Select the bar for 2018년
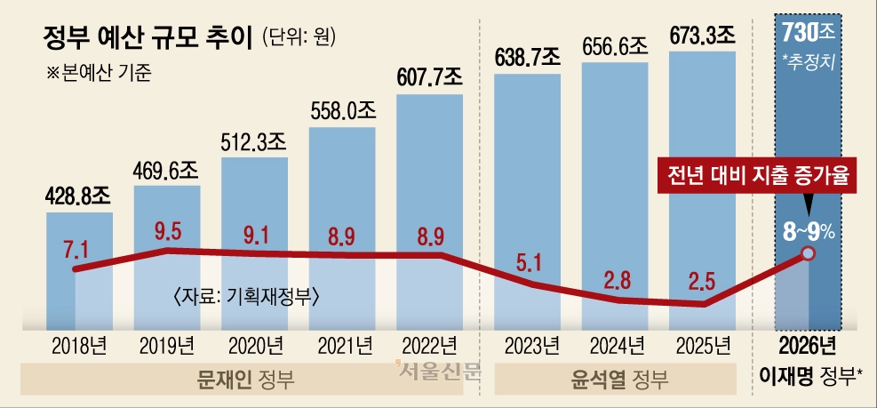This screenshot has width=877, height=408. point(79,267)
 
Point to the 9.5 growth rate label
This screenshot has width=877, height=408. point(168,234)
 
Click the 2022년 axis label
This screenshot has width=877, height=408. point(429,345)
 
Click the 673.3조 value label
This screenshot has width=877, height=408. point(701,36)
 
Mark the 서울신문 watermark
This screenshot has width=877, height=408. point(437,369)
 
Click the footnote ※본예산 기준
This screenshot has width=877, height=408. point(98,74)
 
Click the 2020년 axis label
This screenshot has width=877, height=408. point(255,345)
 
